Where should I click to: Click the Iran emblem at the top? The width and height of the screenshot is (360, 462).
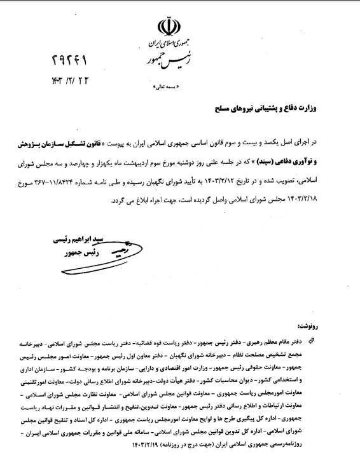click(166, 27)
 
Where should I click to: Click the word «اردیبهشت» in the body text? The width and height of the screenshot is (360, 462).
click(165, 161)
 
